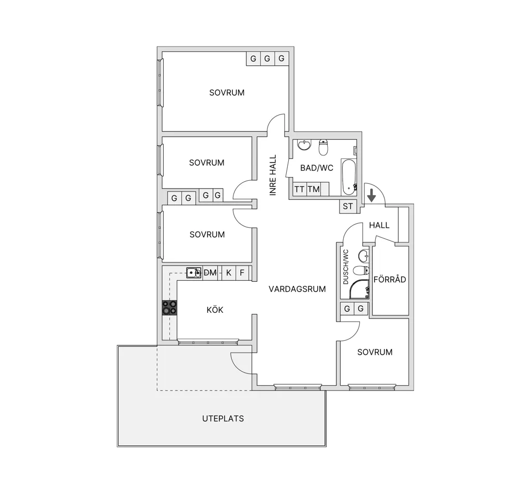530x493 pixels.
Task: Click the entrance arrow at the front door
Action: (x=372, y=195)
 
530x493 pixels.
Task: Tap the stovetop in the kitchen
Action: (x=169, y=308)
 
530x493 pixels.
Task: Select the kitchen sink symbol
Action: (x=194, y=272)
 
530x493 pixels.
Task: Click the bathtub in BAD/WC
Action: (x=348, y=177)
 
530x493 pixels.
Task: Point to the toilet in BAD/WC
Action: (x=323, y=147)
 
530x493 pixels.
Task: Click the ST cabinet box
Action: (x=348, y=206)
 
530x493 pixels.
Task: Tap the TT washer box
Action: (x=300, y=189)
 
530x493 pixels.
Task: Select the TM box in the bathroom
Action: (x=314, y=189)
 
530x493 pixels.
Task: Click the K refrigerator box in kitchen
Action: (x=229, y=272)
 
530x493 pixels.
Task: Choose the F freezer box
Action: (x=242, y=272)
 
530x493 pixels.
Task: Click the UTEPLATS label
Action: (x=223, y=418)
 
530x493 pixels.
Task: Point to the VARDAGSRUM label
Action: (x=297, y=289)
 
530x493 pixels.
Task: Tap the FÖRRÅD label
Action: (x=390, y=279)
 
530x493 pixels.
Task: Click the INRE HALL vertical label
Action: (x=273, y=175)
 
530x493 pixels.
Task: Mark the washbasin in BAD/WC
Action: (x=304, y=145)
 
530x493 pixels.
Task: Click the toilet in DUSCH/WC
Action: (x=361, y=270)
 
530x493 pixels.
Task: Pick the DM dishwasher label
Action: (x=210, y=272)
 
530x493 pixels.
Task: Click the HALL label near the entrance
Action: (x=379, y=225)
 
